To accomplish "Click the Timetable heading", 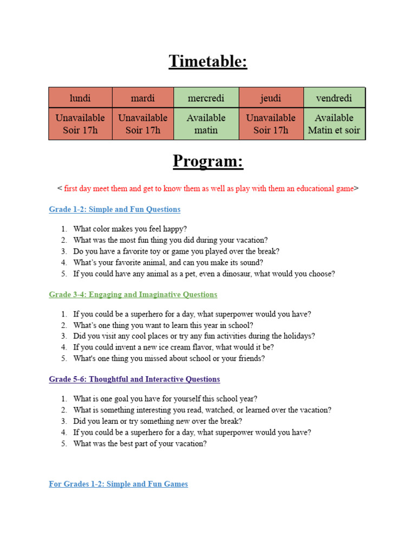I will pyautogui.click(x=207, y=61).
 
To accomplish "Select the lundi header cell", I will pyautogui.click(x=80, y=98).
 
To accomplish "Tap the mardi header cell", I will pyautogui.click(x=142, y=98).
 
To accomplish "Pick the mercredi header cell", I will pyautogui.click(x=206, y=98).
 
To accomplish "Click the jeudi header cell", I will pyautogui.click(x=271, y=98).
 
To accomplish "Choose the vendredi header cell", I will pyautogui.click(x=334, y=98).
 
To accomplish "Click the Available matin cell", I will pyautogui.click(x=206, y=124).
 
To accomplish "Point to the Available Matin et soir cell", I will pyautogui.click(x=334, y=124).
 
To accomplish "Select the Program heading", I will pyautogui.click(x=207, y=161).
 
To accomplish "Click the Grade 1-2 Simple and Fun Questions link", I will pyautogui.click(x=115, y=209).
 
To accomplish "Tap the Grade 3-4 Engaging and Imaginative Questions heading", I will pyautogui.click(x=133, y=294).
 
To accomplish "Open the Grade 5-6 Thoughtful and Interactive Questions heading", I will pyautogui.click(x=134, y=379).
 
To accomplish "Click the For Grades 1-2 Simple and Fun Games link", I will pyautogui.click(x=118, y=484).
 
